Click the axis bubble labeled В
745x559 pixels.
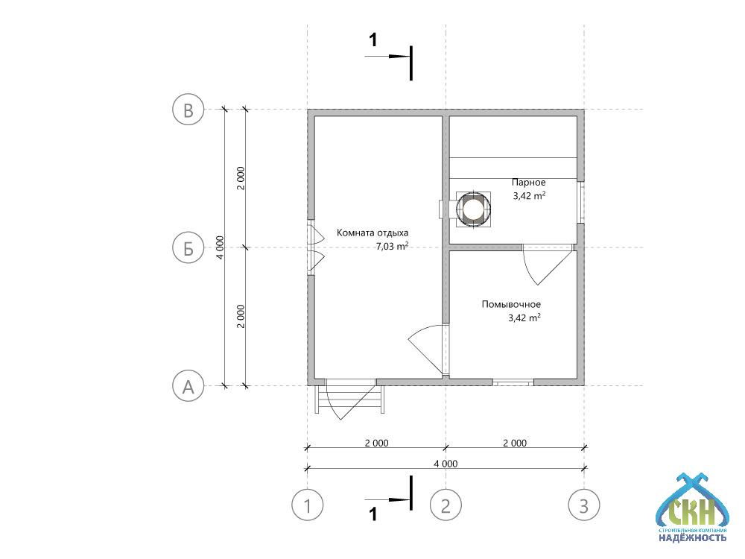tap(188, 110)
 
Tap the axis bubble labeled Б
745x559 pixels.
tap(188, 247)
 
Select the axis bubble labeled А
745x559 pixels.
tap(188, 386)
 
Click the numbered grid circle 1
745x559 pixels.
tap(308, 505)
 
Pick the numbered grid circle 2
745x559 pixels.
tap(446, 505)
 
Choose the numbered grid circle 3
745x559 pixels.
tap(584, 505)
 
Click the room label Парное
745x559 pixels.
tap(528, 183)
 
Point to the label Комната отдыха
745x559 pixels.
tap(372, 233)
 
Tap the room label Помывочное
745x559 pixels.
tap(511, 304)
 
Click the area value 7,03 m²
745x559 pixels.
tap(393, 246)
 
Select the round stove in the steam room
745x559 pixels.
tap(472, 209)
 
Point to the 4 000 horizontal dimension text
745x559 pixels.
tap(446, 464)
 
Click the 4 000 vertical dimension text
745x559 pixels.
tap(219, 247)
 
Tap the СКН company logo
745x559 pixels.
tap(691, 507)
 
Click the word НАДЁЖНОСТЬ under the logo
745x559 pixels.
tap(692, 537)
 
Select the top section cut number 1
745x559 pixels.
tap(373, 40)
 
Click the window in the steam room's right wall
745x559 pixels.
tap(580, 202)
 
